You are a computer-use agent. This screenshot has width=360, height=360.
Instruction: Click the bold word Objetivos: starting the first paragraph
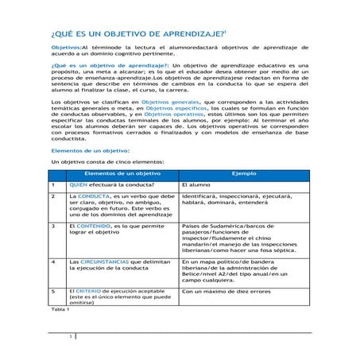tap(65, 48)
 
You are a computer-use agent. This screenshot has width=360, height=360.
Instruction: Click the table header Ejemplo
tap(244, 172)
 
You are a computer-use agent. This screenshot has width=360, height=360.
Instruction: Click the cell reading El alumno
tap(197, 184)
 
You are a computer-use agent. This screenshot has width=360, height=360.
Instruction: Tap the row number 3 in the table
tap(52, 226)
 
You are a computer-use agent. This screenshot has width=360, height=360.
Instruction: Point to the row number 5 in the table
tap(52, 291)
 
